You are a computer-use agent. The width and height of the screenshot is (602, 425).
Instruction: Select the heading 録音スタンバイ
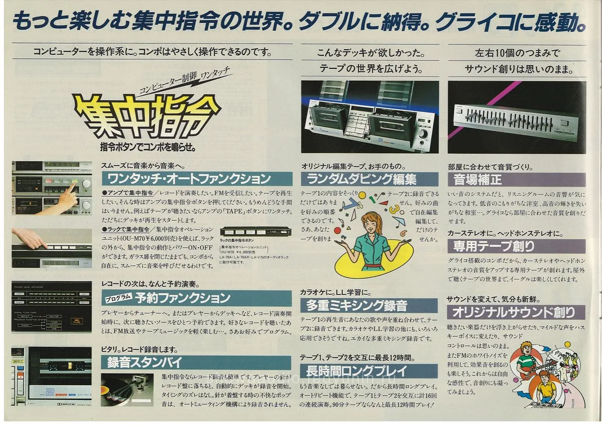pos(133,362)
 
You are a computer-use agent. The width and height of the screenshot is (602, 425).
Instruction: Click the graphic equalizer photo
pos(517,117)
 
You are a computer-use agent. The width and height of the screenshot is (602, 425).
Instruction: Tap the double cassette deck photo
pos(369,117)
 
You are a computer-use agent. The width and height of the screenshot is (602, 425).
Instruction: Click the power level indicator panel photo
pos(52,307)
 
